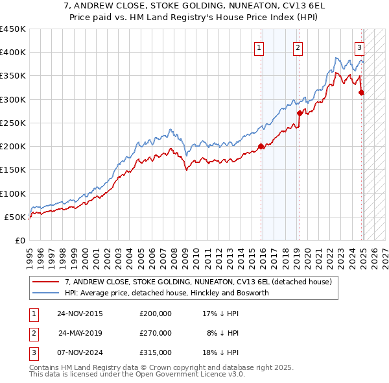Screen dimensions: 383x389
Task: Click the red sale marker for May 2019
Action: [x=300, y=113]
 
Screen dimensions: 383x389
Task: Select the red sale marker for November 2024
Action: [x=361, y=92]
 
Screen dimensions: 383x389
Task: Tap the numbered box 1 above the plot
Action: [x=259, y=47]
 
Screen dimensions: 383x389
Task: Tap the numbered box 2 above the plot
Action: [x=297, y=47]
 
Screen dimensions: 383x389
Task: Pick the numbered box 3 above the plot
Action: [x=359, y=47]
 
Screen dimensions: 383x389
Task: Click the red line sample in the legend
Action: [x=45, y=282]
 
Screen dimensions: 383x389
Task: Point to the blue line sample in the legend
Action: [x=45, y=293]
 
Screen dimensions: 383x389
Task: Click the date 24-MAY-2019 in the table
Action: [x=80, y=333]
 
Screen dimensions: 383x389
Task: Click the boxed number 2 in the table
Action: [x=34, y=333]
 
